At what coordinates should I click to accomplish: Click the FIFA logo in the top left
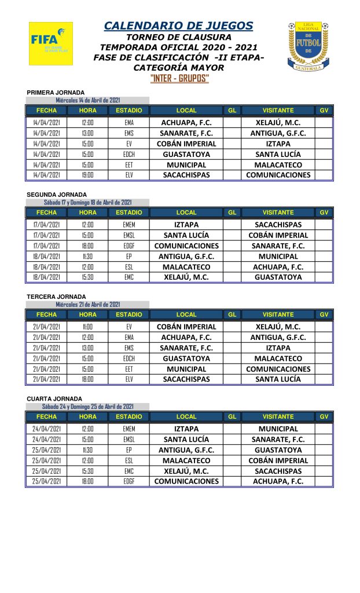51,43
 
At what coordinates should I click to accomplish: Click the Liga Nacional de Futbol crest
308,46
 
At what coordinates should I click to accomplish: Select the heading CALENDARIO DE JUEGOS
178,25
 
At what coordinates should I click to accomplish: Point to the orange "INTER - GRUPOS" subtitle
179,79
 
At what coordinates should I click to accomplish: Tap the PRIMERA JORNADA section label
56,93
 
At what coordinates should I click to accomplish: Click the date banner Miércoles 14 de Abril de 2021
88,100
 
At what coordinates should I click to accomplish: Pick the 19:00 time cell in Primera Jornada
88,175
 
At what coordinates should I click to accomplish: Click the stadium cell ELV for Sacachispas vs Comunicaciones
129,175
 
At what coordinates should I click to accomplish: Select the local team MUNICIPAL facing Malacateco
186,165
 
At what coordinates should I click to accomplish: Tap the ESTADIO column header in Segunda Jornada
128,213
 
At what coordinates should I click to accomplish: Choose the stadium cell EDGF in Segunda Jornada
129,246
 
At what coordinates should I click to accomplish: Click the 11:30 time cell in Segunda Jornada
88,257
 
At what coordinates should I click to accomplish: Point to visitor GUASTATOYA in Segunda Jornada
278,277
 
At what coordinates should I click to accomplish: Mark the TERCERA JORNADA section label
55,297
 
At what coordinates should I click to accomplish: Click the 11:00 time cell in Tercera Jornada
88,327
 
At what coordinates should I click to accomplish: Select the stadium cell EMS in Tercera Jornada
129,348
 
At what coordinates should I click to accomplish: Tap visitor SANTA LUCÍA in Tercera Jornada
278,379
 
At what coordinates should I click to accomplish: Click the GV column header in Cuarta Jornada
324,416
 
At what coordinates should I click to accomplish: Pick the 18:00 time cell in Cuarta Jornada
88,481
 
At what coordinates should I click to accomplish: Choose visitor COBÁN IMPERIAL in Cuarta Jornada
278,460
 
